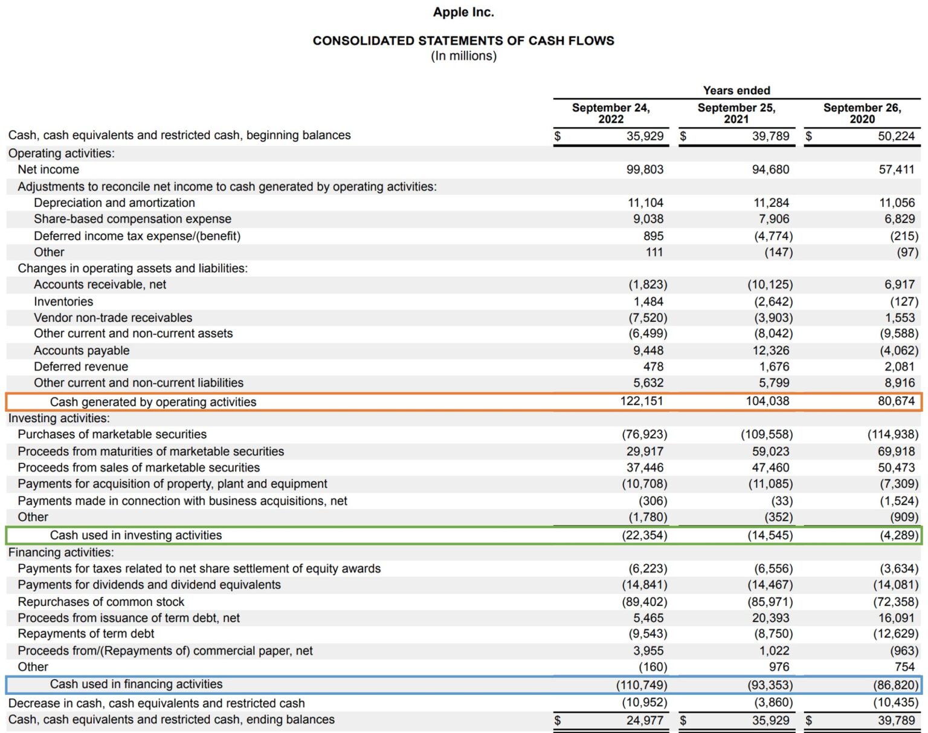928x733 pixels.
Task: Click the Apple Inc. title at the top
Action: tap(463, 12)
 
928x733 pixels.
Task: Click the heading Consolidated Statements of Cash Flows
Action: tap(463, 41)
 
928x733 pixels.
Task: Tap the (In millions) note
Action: tap(463, 56)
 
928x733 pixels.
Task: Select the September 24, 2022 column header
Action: tap(611, 113)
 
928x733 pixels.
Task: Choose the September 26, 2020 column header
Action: tap(862, 113)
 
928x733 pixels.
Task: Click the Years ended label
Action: tap(736, 90)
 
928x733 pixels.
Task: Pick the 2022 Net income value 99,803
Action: tap(645, 170)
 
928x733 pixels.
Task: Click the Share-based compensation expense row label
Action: tap(132, 219)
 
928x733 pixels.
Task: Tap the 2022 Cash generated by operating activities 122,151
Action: tap(641, 401)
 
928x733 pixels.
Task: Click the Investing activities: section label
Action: tap(59, 418)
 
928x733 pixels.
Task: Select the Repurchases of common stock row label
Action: tap(101, 602)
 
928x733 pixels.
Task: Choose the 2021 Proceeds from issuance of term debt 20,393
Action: tap(770, 618)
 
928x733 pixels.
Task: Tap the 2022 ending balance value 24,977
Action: tap(645, 720)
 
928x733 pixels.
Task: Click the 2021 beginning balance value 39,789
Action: tap(770, 136)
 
